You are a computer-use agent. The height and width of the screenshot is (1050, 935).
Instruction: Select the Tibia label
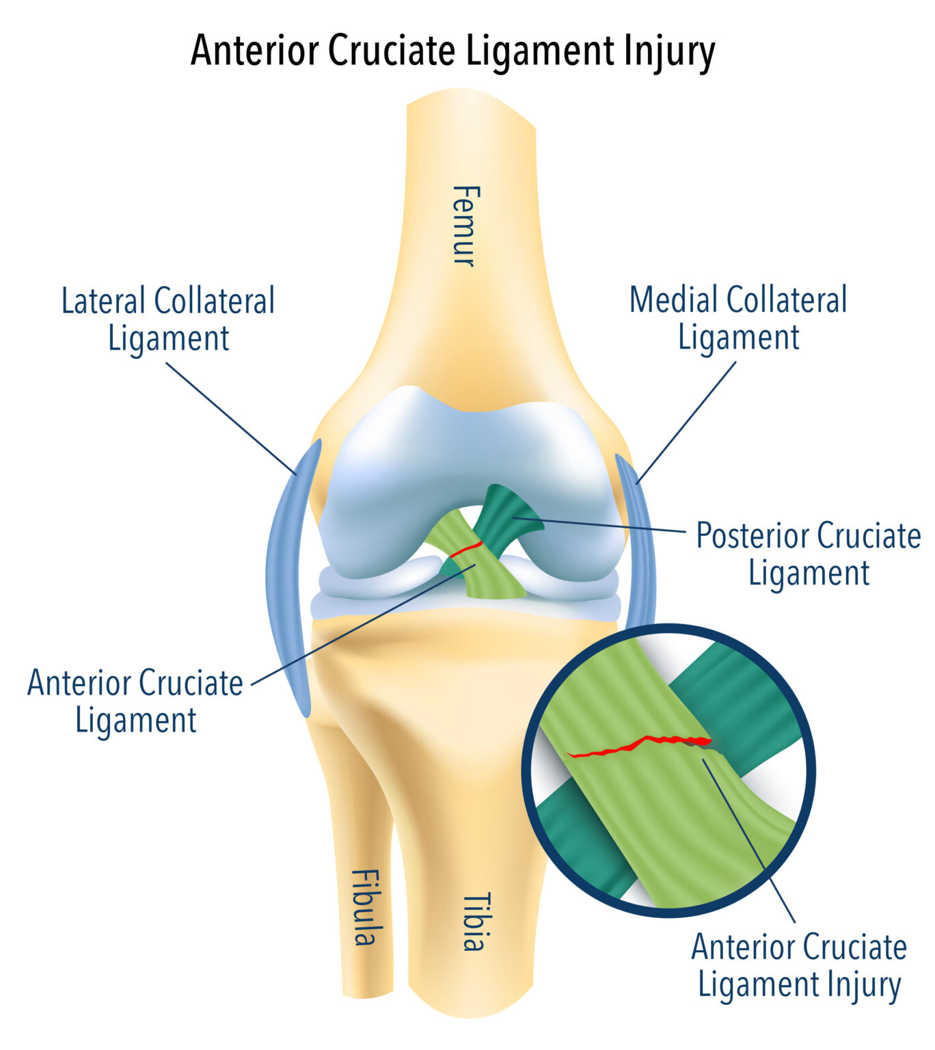(x=474, y=922)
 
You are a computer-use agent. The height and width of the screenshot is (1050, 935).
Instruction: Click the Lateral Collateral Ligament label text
(x=168, y=319)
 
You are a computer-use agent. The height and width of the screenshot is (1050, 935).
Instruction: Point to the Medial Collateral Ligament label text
(x=738, y=319)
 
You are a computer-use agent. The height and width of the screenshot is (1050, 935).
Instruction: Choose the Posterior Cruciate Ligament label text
(x=808, y=554)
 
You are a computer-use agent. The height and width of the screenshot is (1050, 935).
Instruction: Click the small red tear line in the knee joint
(x=466, y=548)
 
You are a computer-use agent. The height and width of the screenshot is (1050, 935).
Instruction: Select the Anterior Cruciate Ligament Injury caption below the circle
(x=798, y=965)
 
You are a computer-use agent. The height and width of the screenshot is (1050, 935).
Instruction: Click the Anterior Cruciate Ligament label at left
(x=135, y=701)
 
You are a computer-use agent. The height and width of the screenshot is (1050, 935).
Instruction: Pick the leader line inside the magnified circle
(x=748, y=841)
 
